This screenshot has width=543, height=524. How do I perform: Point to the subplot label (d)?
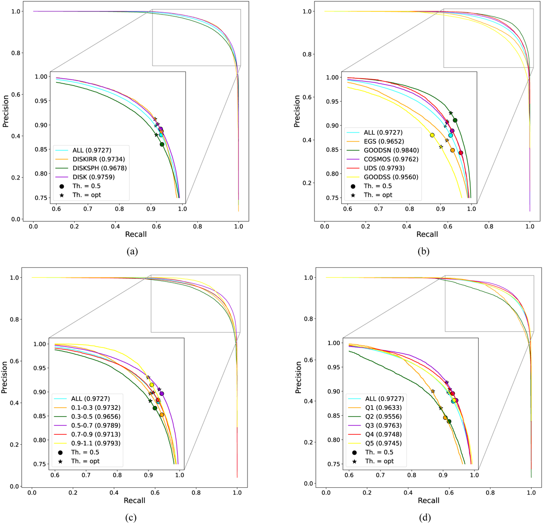(425, 517)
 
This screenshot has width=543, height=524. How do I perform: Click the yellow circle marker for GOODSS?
(432, 135)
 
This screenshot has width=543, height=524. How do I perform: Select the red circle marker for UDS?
(461, 153)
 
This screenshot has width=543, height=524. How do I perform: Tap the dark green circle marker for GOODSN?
(455, 120)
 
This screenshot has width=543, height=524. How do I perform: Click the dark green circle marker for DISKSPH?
(162, 144)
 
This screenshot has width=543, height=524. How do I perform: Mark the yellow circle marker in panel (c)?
(152, 385)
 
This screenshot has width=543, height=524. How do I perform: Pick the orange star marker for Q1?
(433, 391)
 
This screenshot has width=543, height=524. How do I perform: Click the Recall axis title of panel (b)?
(427, 234)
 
